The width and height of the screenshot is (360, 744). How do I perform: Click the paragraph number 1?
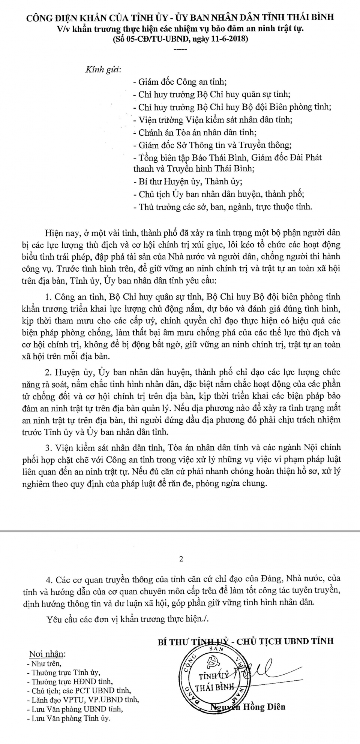tap(47, 297)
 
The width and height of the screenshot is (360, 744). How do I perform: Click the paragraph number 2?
tap(47, 372)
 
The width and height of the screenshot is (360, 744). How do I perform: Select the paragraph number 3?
tap(47, 447)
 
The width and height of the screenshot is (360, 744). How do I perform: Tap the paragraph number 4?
tap(48, 579)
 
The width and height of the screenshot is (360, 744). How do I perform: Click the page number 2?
tap(181, 559)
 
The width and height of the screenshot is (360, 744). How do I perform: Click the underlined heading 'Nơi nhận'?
tap(47, 654)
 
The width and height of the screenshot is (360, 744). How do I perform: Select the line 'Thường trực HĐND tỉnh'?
tap(72, 681)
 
